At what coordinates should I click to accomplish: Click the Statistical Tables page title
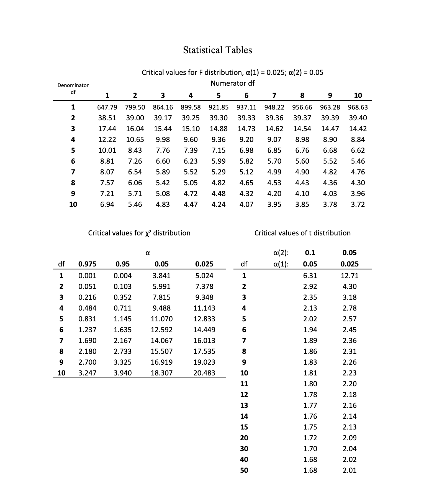click(x=217, y=50)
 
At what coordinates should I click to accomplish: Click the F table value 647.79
click(x=107, y=107)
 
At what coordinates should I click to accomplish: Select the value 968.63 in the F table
click(x=358, y=107)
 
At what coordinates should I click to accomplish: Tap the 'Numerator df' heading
click(x=232, y=83)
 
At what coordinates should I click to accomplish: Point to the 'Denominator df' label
click(x=73, y=88)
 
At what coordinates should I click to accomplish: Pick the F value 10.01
click(x=107, y=151)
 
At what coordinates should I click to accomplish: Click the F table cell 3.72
click(x=358, y=205)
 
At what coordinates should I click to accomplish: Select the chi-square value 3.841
click(x=161, y=276)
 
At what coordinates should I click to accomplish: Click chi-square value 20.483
click(x=204, y=373)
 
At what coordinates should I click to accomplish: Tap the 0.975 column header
click(x=87, y=264)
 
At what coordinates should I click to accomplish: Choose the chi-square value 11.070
click(x=161, y=319)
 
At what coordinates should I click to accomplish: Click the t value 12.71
click(x=349, y=276)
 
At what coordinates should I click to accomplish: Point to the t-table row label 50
click(x=244, y=471)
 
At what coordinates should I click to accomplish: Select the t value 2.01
click(x=349, y=471)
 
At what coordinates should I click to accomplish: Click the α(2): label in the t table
click(x=281, y=253)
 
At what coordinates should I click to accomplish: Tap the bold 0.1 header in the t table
click(x=310, y=253)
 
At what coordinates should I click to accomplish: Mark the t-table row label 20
click(x=244, y=438)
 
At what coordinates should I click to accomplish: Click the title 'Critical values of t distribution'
click(x=302, y=233)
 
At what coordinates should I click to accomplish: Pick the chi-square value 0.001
click(x=87, y=276)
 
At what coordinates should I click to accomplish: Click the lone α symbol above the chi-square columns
click(x=148, y=253)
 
